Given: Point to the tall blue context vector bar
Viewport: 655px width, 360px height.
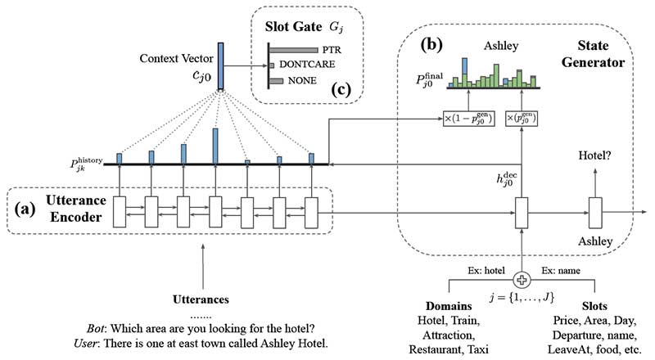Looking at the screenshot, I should click(220, 62).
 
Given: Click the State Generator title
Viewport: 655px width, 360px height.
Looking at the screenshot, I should click(600, 53).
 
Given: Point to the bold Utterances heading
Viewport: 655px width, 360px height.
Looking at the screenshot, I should click(201, 299).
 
